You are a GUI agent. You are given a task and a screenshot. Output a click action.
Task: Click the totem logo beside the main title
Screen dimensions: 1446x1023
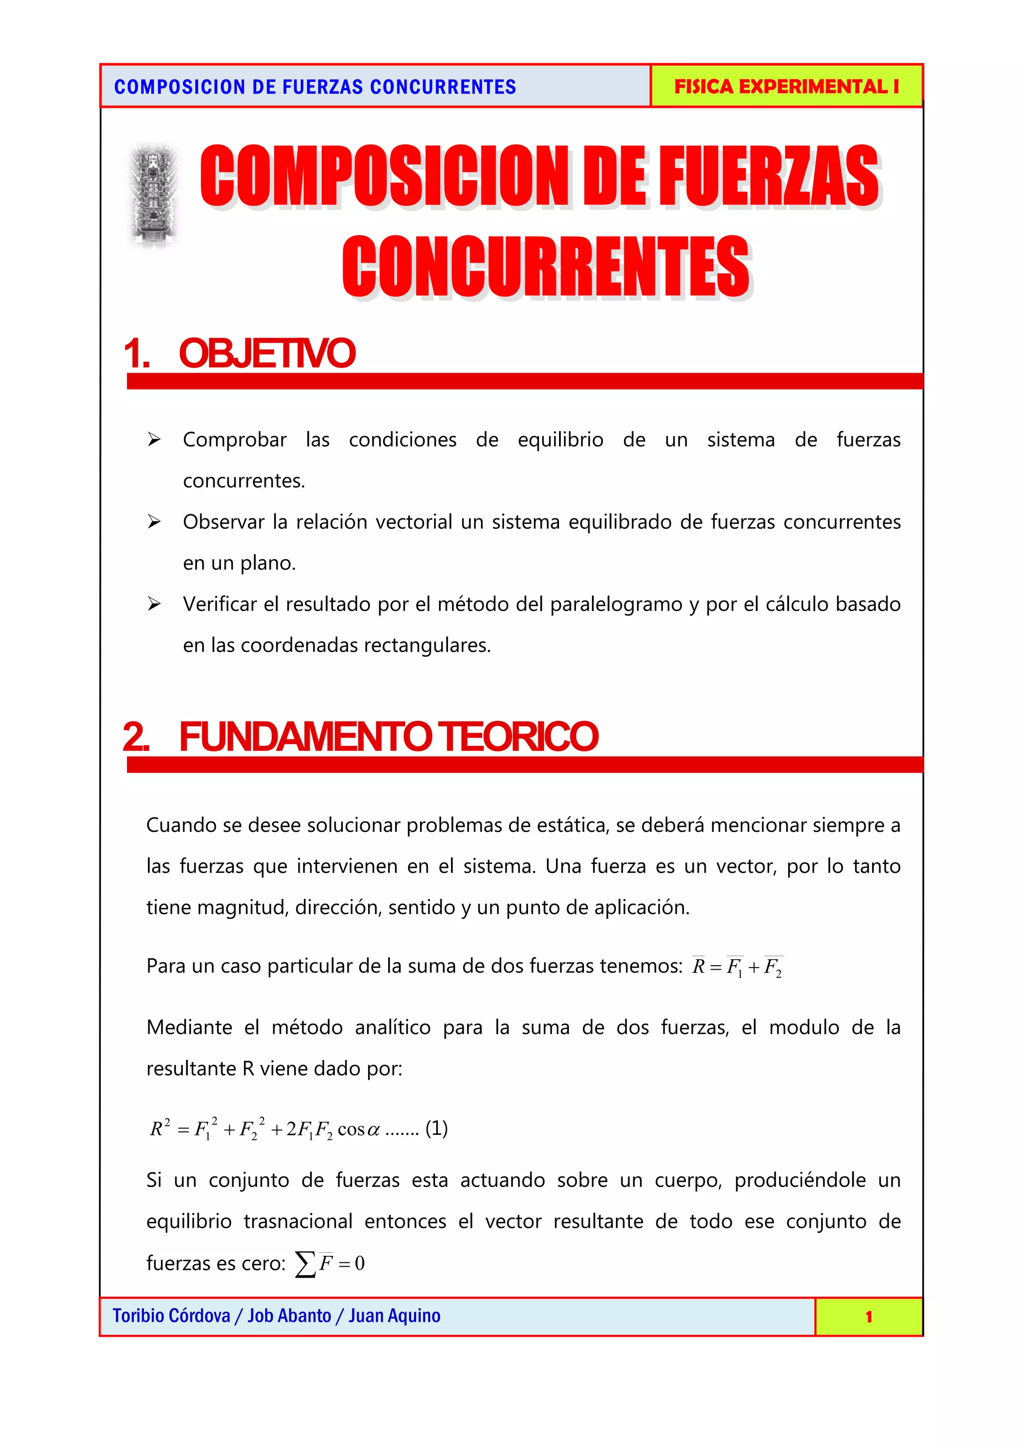click(153, 195)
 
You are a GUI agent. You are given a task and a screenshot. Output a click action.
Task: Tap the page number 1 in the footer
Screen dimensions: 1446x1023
click(869, 1317)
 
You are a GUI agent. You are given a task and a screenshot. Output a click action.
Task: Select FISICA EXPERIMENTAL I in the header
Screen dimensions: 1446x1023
click(786, 86)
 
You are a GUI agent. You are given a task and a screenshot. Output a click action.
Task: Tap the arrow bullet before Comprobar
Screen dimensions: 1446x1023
click(154, 439)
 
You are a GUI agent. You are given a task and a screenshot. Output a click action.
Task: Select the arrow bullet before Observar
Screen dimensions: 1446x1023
click(154, 521)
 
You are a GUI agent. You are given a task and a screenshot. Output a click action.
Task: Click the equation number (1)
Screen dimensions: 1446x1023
click(437, 1128)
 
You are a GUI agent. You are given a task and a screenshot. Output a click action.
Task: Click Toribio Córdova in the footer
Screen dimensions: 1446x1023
click(171, 1316)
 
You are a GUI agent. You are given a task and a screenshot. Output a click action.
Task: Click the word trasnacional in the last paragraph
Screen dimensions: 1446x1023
click(298, 1221)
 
